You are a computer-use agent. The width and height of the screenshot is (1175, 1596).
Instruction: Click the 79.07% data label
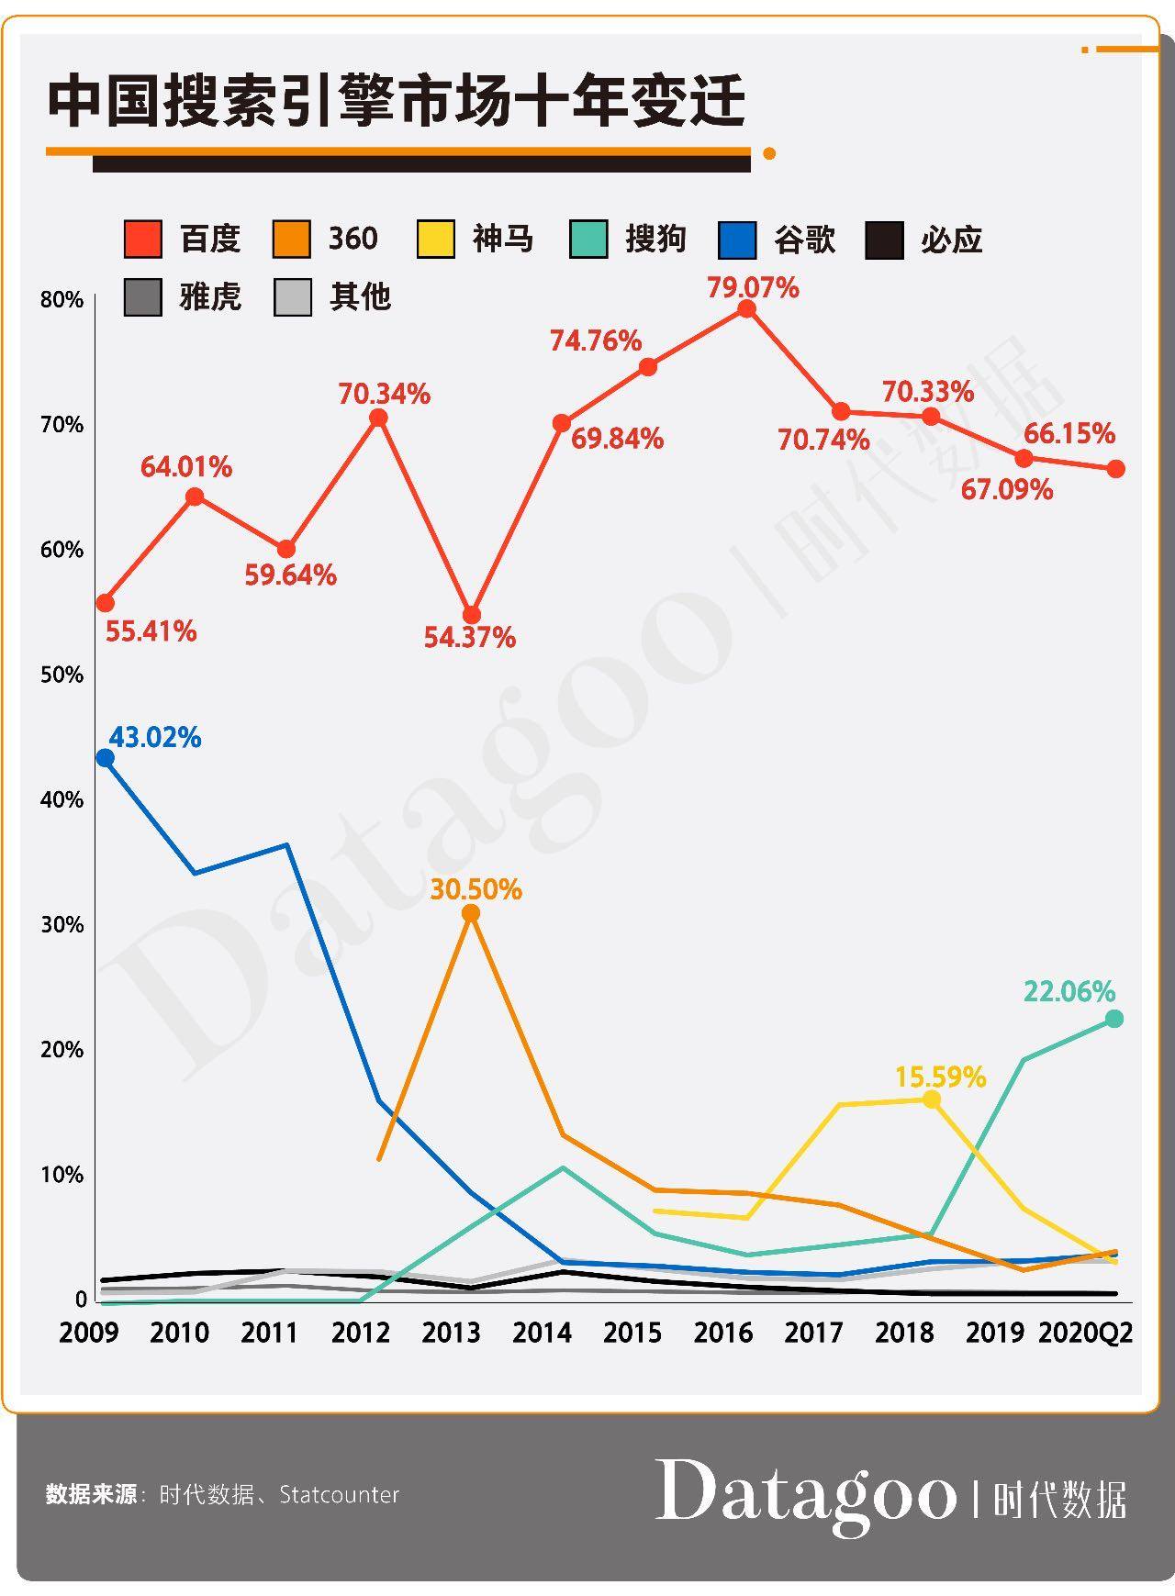coord(753,287)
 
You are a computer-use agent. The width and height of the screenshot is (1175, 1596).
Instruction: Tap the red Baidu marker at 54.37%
coord(471,615)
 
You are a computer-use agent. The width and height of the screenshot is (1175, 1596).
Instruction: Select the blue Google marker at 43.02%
coord(106,758)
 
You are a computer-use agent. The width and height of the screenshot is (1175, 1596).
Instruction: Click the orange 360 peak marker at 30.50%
coord(471,913)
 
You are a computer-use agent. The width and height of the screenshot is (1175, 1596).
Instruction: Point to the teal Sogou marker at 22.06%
coord(1114,1019)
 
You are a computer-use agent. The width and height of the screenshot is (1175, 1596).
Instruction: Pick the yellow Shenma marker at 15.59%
coord(931,1099)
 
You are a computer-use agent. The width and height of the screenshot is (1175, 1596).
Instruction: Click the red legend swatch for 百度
coord(143,240)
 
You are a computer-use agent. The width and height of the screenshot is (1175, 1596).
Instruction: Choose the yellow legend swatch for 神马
coord(435,240)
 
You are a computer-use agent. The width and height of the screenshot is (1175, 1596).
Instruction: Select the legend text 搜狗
coord(655,240)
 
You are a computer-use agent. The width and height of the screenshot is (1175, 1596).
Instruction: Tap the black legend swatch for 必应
coord(885,240)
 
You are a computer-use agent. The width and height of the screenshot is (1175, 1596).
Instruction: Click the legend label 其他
coord(360,297)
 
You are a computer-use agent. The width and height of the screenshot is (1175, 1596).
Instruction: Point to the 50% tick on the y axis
coord(62,675)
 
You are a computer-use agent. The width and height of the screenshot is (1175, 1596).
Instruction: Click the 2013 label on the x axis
coord(451,1333)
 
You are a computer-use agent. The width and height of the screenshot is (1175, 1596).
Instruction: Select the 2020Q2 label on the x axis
coord(1085,1333)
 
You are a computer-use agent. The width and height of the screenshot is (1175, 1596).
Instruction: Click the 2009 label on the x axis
coord(88,1333)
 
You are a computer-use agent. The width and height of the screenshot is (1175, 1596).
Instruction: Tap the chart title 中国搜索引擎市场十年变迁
coord(396,101)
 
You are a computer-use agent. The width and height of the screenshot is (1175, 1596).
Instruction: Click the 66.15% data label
coord(1069,433)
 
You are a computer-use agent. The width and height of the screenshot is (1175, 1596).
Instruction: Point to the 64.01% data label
coord(186,467)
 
